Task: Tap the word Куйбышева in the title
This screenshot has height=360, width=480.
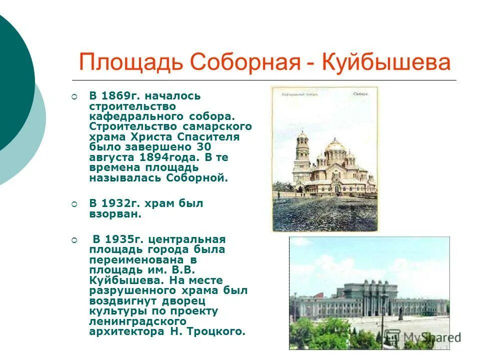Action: click(386, 63)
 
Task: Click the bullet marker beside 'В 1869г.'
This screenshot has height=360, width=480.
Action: click(74, 95)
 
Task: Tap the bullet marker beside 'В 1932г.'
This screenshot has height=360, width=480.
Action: click(74, 203)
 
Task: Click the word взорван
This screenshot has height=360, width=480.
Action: click(115, 214)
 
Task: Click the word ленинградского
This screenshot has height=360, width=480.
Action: click(138, 321)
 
